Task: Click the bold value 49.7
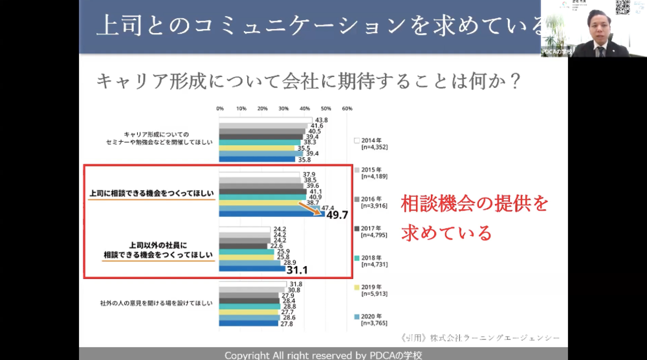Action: coord(337,215)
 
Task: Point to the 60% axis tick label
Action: coord(347,108)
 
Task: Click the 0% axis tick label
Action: coord(220,108)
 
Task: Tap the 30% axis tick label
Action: coord(283,108)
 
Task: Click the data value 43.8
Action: coord(321,120)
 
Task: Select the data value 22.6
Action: coord(276,245)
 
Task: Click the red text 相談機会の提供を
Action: coord(475,204)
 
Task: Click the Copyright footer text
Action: coord(323,355)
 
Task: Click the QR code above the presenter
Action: coord(622,7)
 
